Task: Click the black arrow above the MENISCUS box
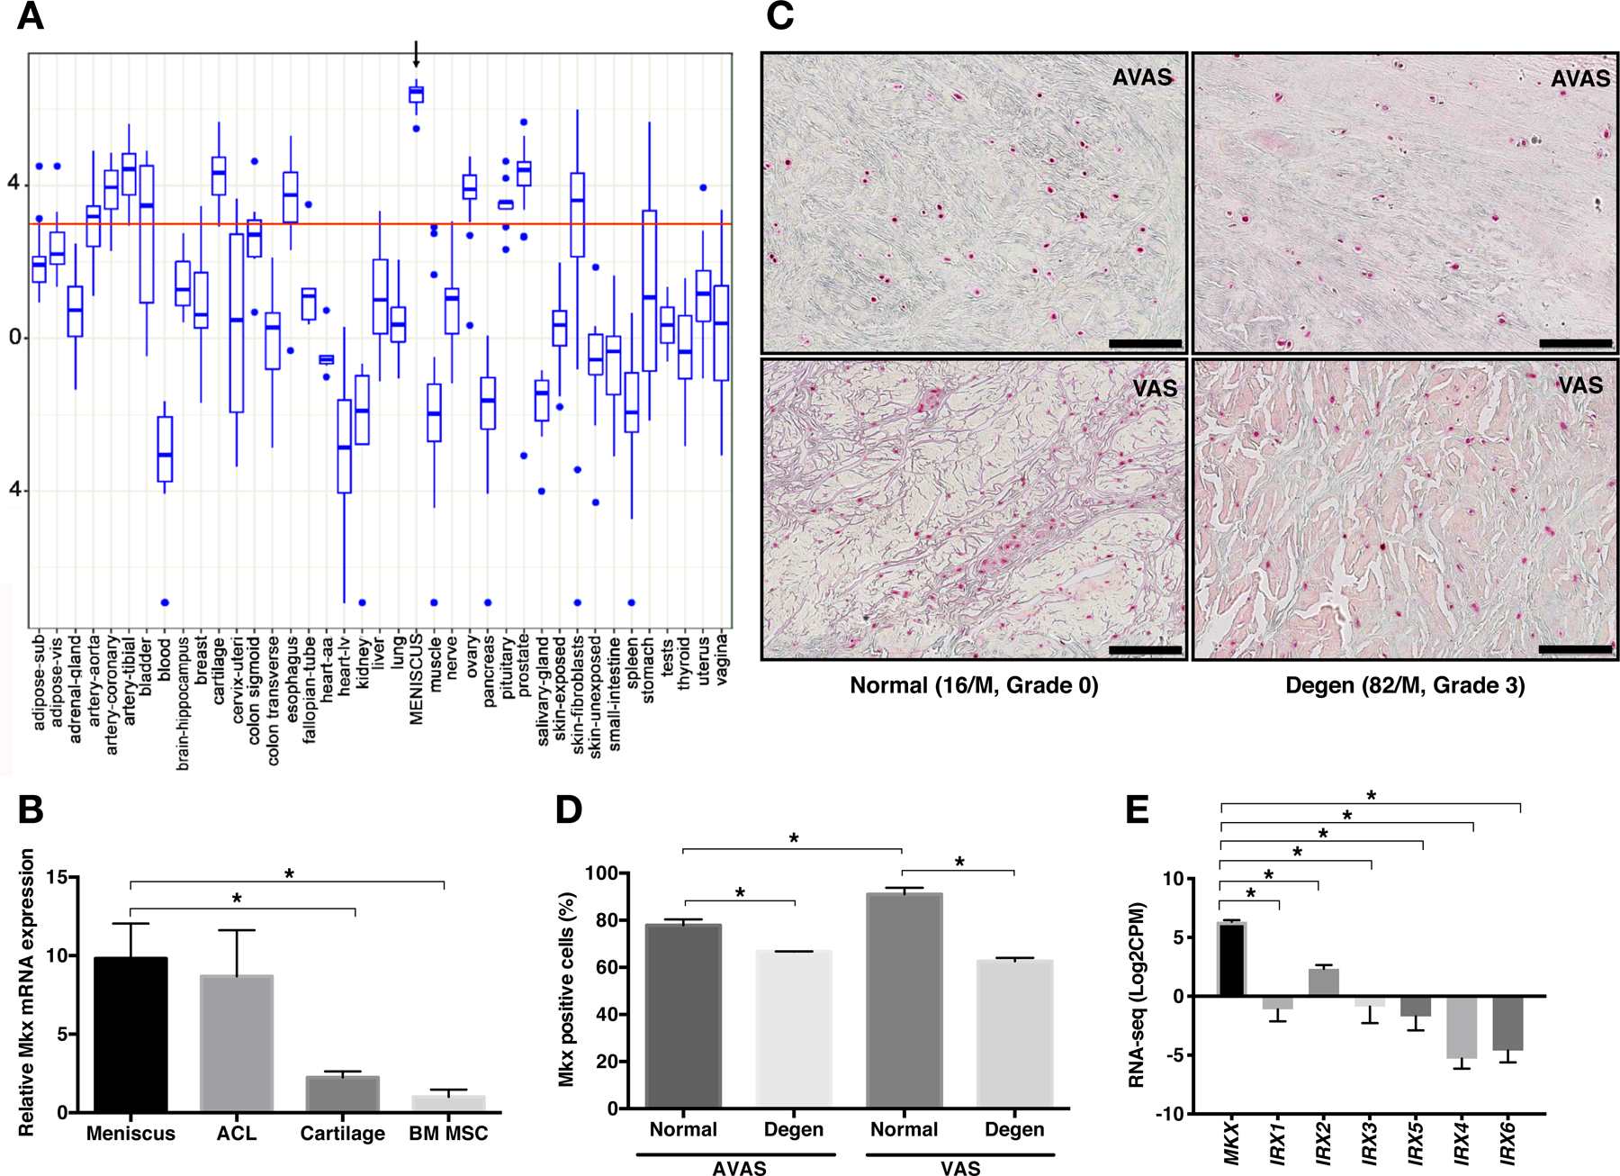pyautogui.click(x=416, y=54)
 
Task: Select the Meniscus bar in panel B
pyautogui.click(x=130, y=1035)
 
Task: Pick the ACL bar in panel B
pyautogui.click(x=237, y=1044)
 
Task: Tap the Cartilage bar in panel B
pyautogui.click(x=343, y=1094)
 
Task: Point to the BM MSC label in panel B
pyautogui.click(x=448, y=1134)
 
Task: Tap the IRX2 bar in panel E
pyautogui.click(x=1324, y=982)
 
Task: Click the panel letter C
pyautogui.click(x=779, y=16)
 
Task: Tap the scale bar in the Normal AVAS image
pyautogui.click(x=1145, y=343)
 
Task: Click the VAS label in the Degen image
pyautogui.click(x=1580, y=385)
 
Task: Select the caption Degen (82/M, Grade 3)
pyautogui.click(x=1405, y=686)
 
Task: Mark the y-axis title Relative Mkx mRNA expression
pyautogui.click(x=26, y=991)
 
